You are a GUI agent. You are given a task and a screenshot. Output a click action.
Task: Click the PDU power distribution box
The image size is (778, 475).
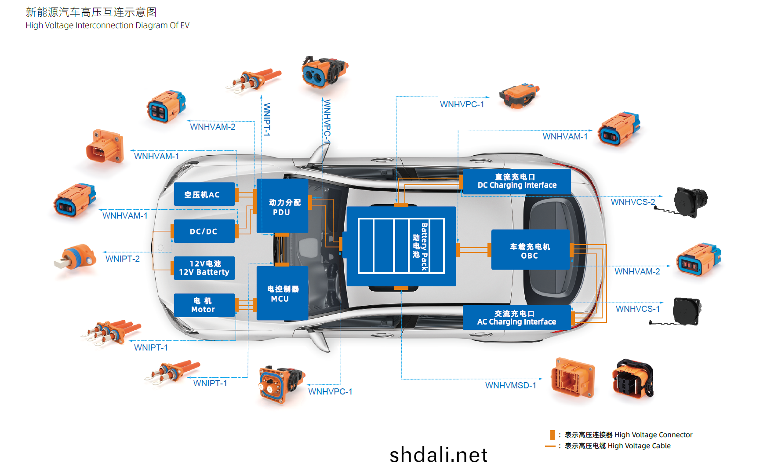tap(282, 206)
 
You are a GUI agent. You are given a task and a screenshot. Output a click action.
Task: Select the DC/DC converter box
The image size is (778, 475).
tap(204, 231)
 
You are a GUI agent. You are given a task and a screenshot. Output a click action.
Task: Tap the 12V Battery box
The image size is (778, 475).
tap(204, 268)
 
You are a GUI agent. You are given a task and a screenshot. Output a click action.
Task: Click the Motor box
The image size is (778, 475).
tap(204, 305)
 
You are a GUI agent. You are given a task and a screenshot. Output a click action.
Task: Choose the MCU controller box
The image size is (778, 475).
tap(282, 293)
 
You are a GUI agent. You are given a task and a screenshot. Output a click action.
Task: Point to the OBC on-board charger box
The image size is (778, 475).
tap(530, 249)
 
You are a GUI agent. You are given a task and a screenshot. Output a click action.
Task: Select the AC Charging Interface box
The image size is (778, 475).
tap(517, 318)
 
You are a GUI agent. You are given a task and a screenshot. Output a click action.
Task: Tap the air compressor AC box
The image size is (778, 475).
tap(204, 194)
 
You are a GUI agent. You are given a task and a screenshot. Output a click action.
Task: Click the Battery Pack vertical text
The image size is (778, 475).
tap(424, 247)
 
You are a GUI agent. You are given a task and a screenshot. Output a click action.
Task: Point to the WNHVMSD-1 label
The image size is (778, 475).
tap(511, 385)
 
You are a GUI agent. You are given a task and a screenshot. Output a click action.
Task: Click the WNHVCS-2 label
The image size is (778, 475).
tap(633, 202)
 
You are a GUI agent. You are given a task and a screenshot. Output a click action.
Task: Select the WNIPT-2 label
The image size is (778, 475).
tap(123, 259)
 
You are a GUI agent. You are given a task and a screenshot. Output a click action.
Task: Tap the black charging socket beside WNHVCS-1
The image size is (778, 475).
tap(686, 311)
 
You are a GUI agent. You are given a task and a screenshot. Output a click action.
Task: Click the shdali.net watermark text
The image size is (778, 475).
tap(439, 455)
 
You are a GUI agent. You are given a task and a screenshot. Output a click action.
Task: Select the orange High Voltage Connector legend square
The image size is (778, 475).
tap(553, 435)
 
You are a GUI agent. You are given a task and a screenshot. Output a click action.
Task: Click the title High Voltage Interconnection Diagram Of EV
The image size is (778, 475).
tap(108, 26)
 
